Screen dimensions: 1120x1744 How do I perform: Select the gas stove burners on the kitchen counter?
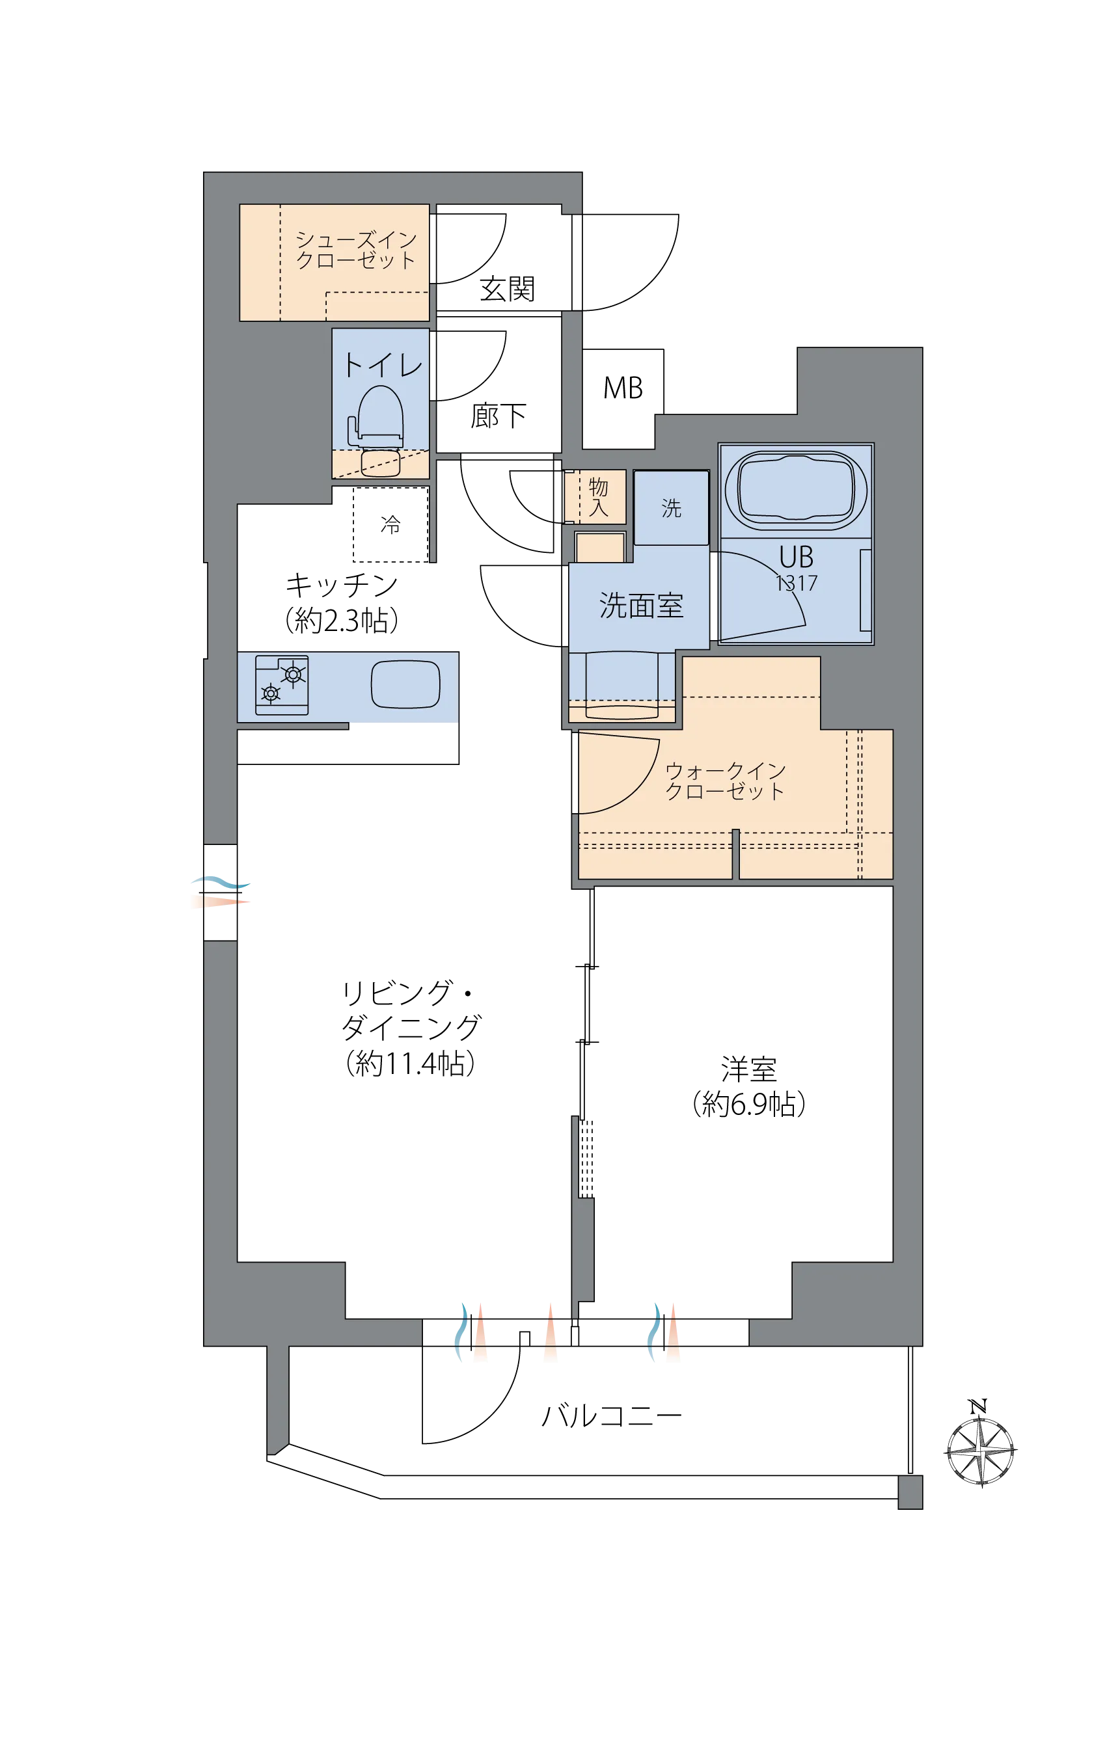pos(282,685)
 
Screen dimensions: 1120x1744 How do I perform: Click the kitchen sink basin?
pos(406,684)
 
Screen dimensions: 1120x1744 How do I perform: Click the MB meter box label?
pos(623,388)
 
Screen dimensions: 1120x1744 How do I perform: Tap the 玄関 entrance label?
pos(507,289)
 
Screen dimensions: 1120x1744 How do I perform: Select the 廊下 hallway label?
pos(499,416)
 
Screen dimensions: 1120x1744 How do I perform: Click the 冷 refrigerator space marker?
pos(390,524)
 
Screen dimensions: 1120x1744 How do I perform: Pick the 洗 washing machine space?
pos(671,507)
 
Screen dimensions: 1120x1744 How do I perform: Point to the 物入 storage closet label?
pos(599,497)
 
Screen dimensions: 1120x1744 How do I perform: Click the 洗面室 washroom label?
pos(641,606)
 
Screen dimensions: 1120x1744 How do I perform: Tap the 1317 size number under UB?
pos(797,583)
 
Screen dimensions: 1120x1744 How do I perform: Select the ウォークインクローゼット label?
pos(725,781)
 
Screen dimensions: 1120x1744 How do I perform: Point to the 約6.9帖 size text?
pos(748,1105)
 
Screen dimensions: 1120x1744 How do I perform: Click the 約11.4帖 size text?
pos(411,1064)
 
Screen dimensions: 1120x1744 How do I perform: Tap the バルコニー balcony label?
pos(612,1416)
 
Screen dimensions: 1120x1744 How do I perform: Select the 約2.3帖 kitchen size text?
pos(341,620)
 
